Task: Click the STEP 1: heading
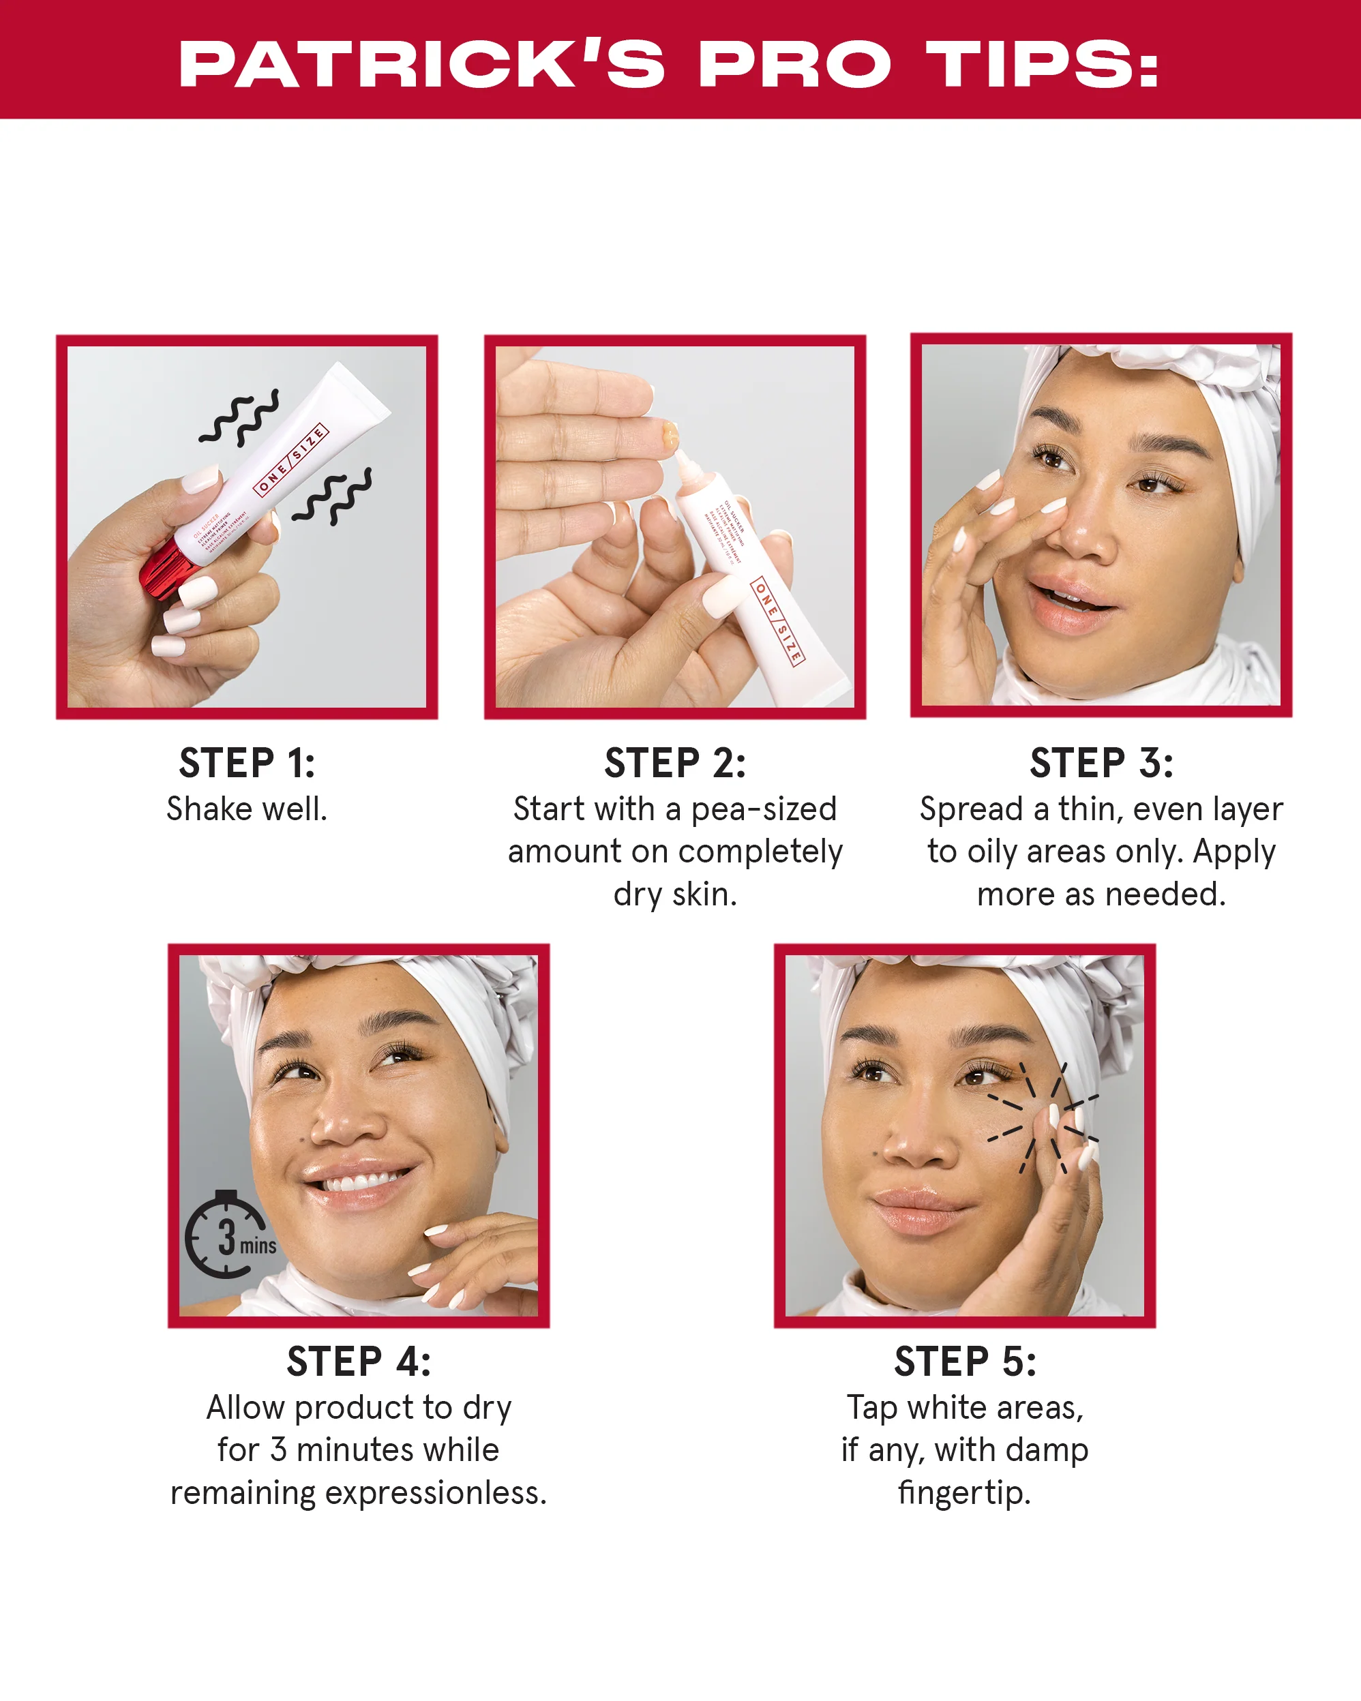coord(247,763)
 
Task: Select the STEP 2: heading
coord(674,763)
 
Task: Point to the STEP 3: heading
coord(1101,763)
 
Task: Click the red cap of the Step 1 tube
coord(164,568)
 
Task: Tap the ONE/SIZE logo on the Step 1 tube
coord(290,460)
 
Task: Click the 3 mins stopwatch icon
coord(227,1235)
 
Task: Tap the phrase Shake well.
coord(247,809)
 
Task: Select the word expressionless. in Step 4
coord(436,1494)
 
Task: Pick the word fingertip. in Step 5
coord(965,1494)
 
